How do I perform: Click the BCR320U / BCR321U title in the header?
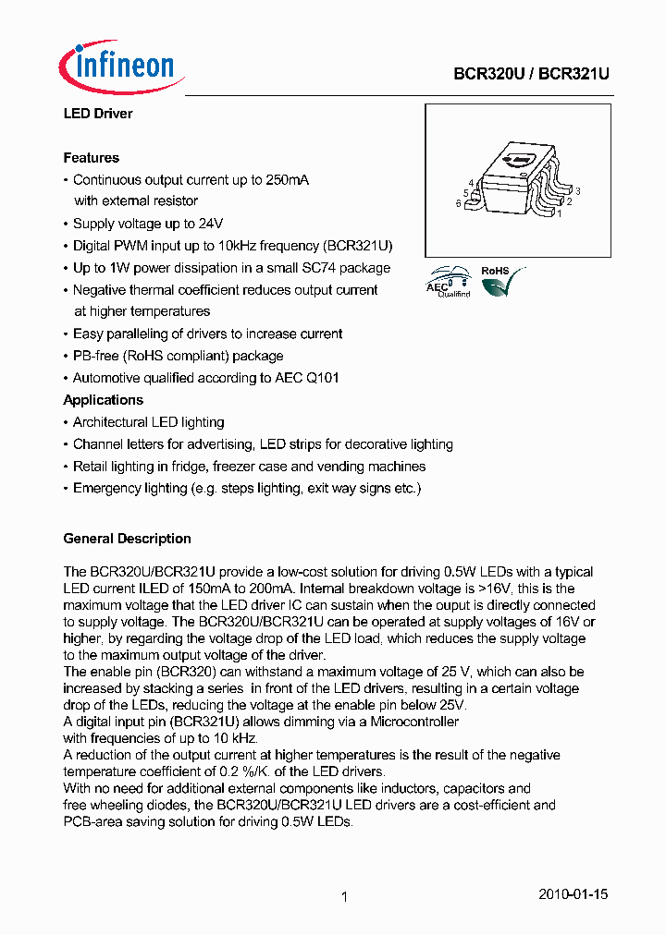click(531, 75)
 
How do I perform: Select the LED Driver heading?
click(97, 114)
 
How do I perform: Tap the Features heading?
click(91, 158)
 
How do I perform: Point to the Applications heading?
click(103, 400)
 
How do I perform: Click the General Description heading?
click(127, 539)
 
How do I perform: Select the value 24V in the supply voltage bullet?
click(211, 224)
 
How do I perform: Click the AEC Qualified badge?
click(450, 282)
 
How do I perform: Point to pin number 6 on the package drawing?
click(458, 204)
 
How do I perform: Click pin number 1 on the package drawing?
click(559, 212)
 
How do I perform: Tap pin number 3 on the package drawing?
click(577, 190)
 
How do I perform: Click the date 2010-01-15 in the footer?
click(573, 894)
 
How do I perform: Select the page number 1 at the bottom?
click(343, 896)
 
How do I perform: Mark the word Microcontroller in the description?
click(414, 721)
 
